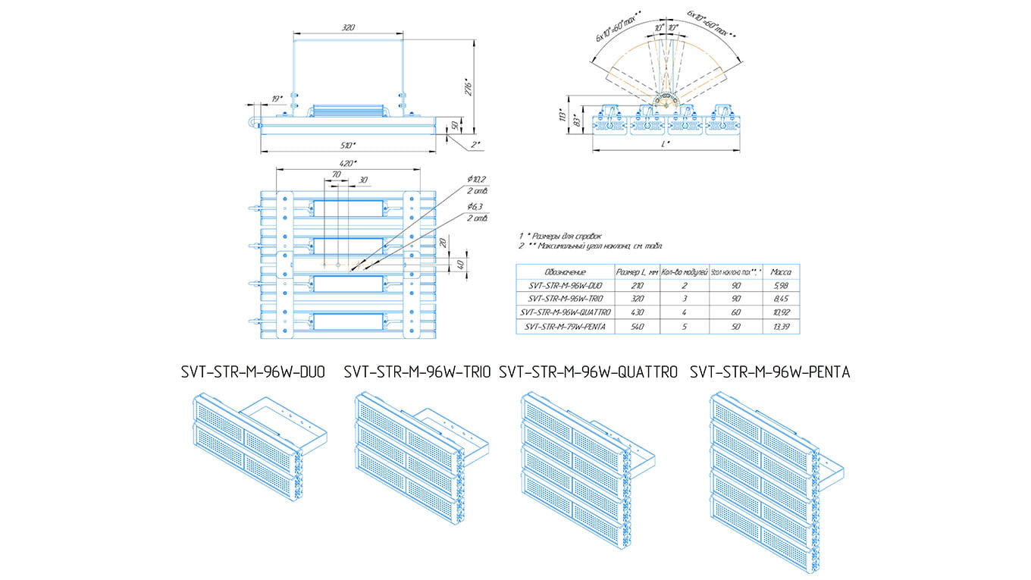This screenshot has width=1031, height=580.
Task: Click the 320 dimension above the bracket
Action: click(x=348, y=28)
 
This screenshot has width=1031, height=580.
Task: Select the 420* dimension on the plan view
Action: click(x=348, y=163)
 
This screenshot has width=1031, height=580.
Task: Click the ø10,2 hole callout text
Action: click(x=477, y=179)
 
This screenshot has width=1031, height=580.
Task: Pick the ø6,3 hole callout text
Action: click(x=476, y=207)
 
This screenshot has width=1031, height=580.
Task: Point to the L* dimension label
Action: click(x=666, y=144)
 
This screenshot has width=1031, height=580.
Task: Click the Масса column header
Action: click(x=781, y=271)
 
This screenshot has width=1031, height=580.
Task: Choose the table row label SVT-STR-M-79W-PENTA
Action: click(x=565, y=326)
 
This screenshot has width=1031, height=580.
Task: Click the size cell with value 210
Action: click(x=637, y=285)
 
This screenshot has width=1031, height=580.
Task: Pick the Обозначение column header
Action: click(x=565, y=271)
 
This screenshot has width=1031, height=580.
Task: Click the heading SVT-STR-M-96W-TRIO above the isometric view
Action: click(x=416, y=372)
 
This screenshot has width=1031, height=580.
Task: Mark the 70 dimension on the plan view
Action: click(x=336, y=174)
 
